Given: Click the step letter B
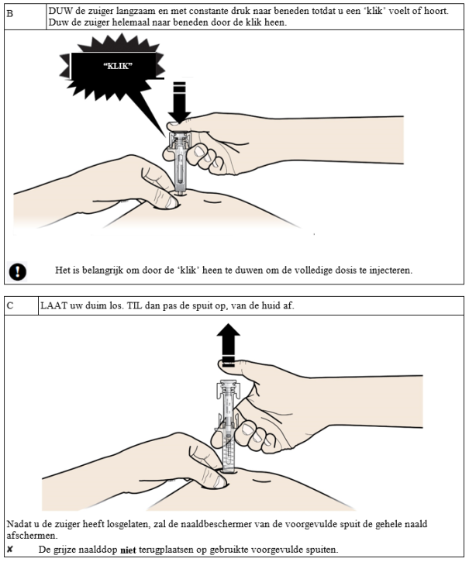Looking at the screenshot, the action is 10,14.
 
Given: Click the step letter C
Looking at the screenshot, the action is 10,305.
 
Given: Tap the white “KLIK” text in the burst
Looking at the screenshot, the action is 118,66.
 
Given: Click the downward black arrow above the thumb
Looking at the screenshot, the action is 179,102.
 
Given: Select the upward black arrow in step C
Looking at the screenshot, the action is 229,345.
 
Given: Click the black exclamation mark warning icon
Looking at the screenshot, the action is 17,271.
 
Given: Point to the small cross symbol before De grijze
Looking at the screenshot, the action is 9,549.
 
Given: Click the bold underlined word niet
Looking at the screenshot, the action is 128,550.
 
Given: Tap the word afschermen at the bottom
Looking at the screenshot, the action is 31,536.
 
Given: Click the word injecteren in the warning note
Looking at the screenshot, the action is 390,271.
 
